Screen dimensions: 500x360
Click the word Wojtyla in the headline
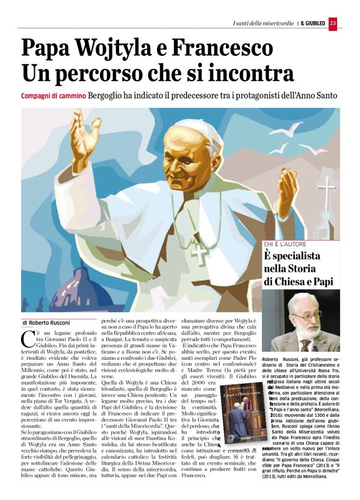point(126,48)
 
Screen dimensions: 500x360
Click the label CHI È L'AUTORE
point(287,243)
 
